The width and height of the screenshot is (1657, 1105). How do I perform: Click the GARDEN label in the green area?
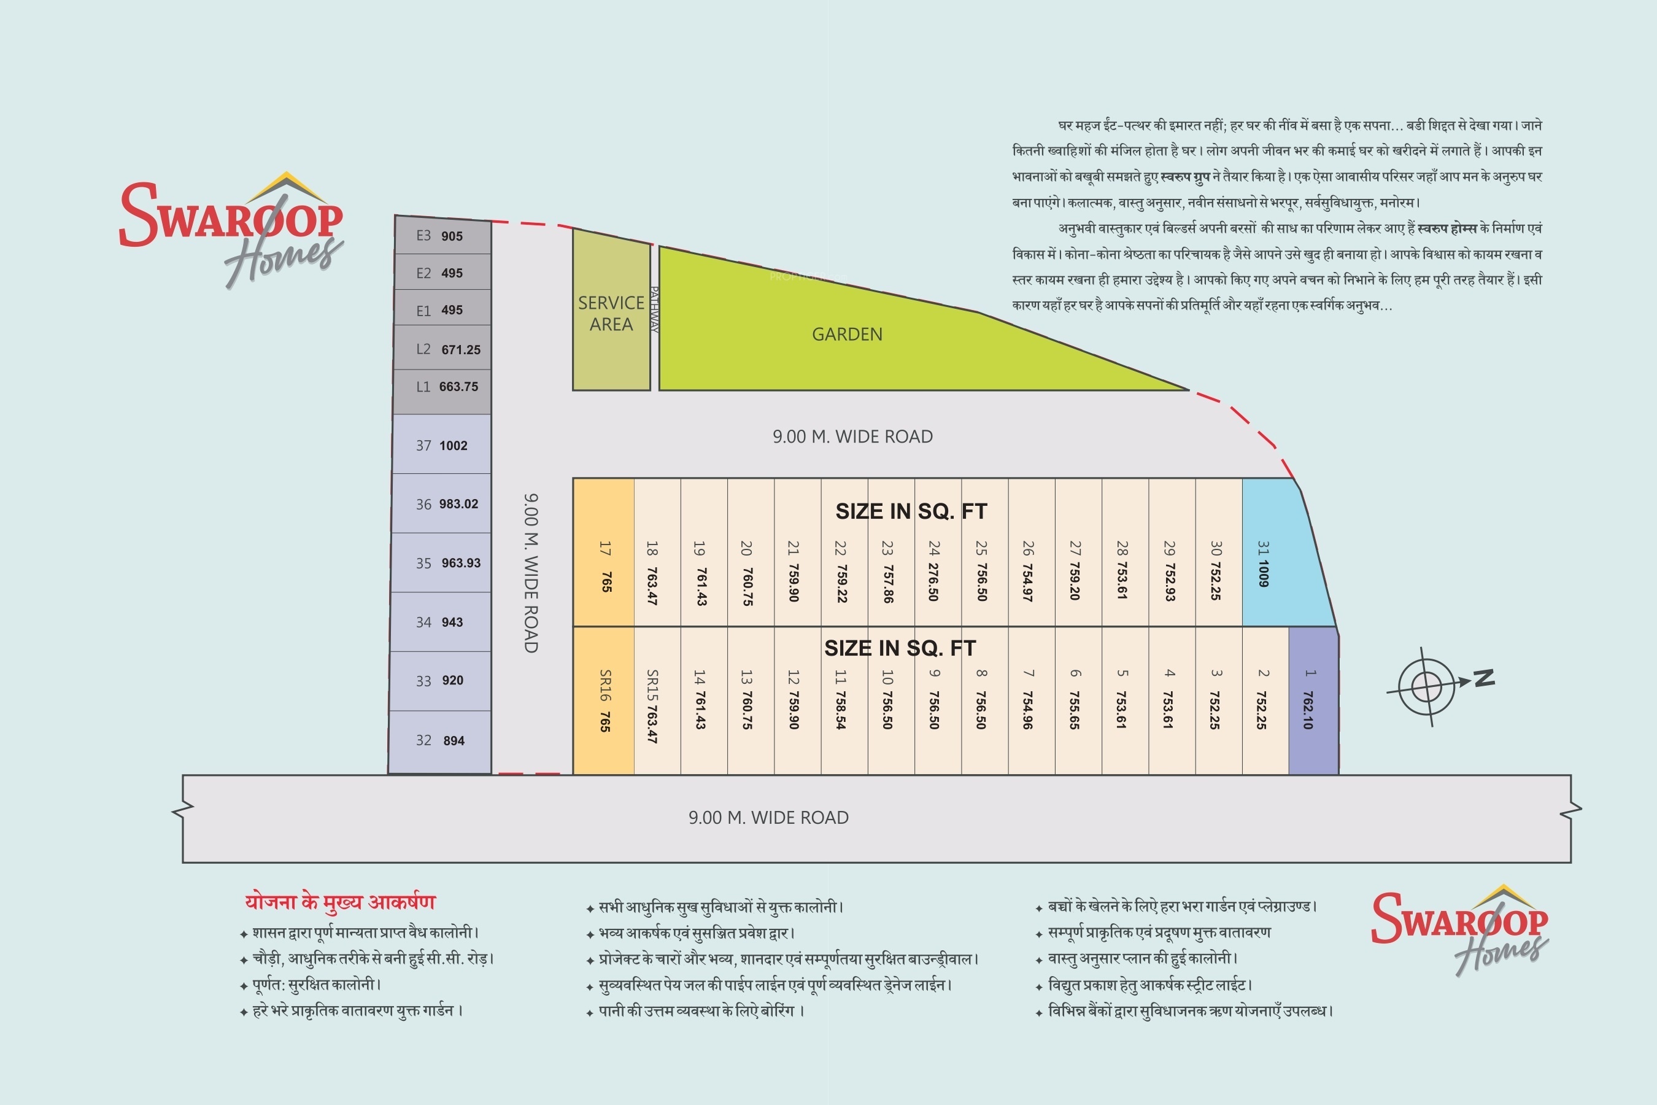pyautogui.click(x=847, y=334)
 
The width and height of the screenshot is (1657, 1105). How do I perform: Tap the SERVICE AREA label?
pyautogui.click(x=611, y=314)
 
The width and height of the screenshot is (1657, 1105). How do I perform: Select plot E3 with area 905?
pyautogui.click(x=442, y=235)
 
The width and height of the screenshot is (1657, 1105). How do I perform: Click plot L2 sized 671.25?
pyautogui.click(x=442, y=348)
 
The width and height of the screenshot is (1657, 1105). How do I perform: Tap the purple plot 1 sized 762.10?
pyautogui.click(x=1313, y=700)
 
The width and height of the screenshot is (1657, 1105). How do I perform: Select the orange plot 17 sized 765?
pyautogui.click(x=604, y=552)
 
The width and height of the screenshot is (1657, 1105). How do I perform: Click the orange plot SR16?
pyautogui.click(x=604, y=700)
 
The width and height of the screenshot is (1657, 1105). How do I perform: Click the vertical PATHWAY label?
pyautogui.click(x=654, y=309)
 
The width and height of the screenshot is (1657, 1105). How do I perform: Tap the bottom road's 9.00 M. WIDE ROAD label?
pyautogui.click(x=768, y=818)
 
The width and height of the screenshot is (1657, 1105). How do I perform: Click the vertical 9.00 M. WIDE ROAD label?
pyautogui.click(x=531, y=572)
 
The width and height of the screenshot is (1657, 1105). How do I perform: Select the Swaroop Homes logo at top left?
pyautogui.click(x=232, y=229)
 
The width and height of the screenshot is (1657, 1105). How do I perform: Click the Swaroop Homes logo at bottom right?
pyautogui.click(x=1460, y=929)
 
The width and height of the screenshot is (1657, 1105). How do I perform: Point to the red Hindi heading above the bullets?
pyautogui.click(x=340, y=901)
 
